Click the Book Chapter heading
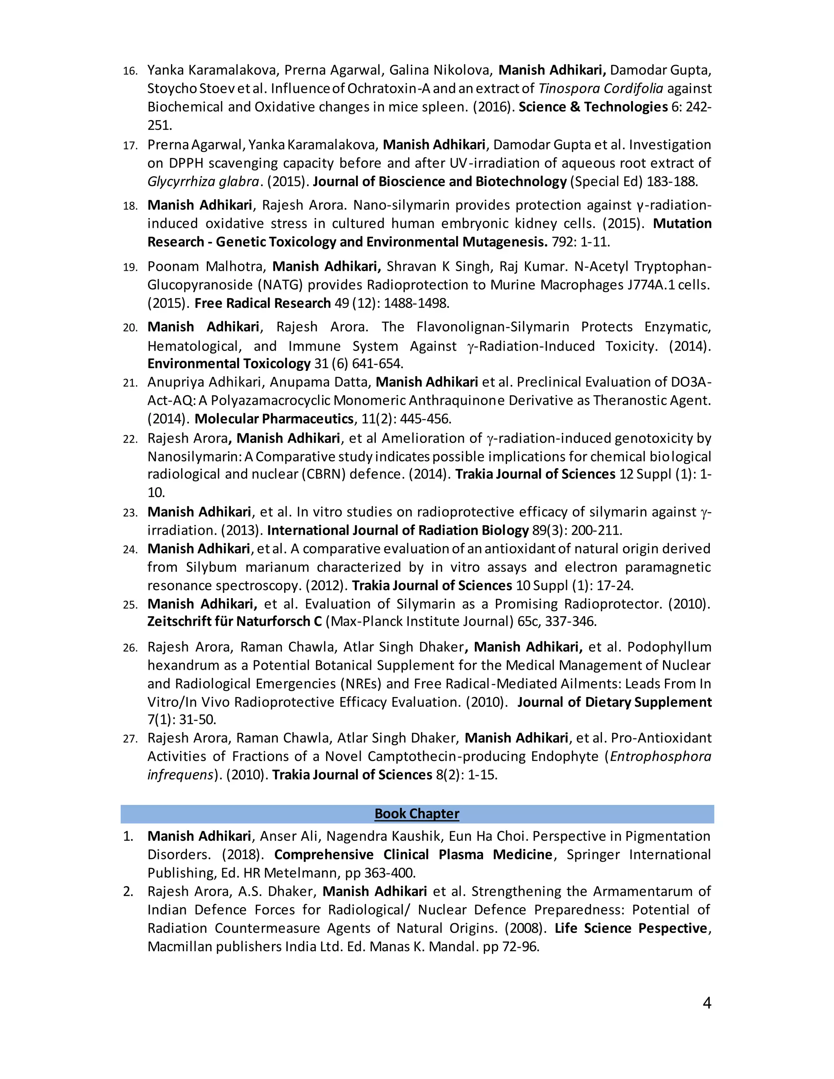pyautogui.click(x=417, y=814)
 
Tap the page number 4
pyautogui.click(x=707, y=1003)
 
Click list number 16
pyautogui.click(x=130, y=71)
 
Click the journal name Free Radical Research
pyautogui.click(x=262, y=303)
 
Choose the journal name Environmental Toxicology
pyautogui.click(x=229, y=364)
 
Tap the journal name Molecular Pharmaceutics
pyautogui.click(x=274, y=419)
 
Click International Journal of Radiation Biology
pyautogui.click(x=398, y=530)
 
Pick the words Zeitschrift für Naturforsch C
pyautogui.click(x=234, y=621)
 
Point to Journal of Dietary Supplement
pyautogui.click(x=614, y=702)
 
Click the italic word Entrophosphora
pyautogui.click(x=661, y=757)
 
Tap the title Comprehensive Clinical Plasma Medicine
pyautogui.click(x=413, y=855)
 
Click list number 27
pyautogui.click(x=130, y=739)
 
